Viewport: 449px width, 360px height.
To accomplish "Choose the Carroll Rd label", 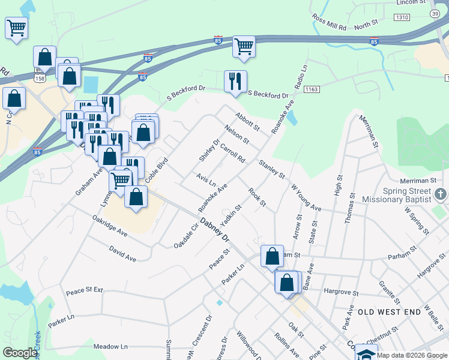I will coord(233,154).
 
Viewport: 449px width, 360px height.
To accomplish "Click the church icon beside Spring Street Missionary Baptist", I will coord(441,194).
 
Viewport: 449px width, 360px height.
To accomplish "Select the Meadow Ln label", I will coord(111,347).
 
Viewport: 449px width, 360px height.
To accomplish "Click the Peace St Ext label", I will coord(84,290).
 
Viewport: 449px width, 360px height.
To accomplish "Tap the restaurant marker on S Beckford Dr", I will coord(235,82).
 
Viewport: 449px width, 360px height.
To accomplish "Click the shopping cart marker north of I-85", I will coord(244,46).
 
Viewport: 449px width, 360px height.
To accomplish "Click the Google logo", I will coord(20,353).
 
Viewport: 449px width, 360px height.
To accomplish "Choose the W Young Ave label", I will coord(306,197).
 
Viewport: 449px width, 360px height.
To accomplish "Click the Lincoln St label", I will coord(412,3).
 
